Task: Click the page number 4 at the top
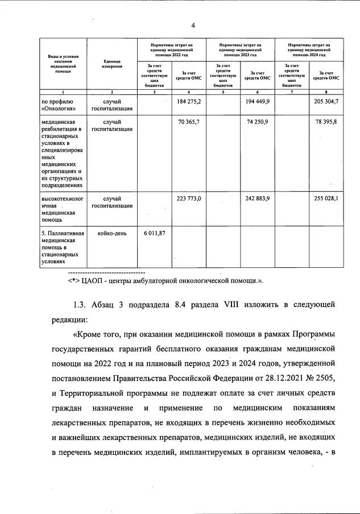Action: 193,26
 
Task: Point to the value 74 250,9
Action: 259,122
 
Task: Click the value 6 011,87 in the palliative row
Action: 154,233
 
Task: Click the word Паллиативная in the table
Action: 63,233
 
